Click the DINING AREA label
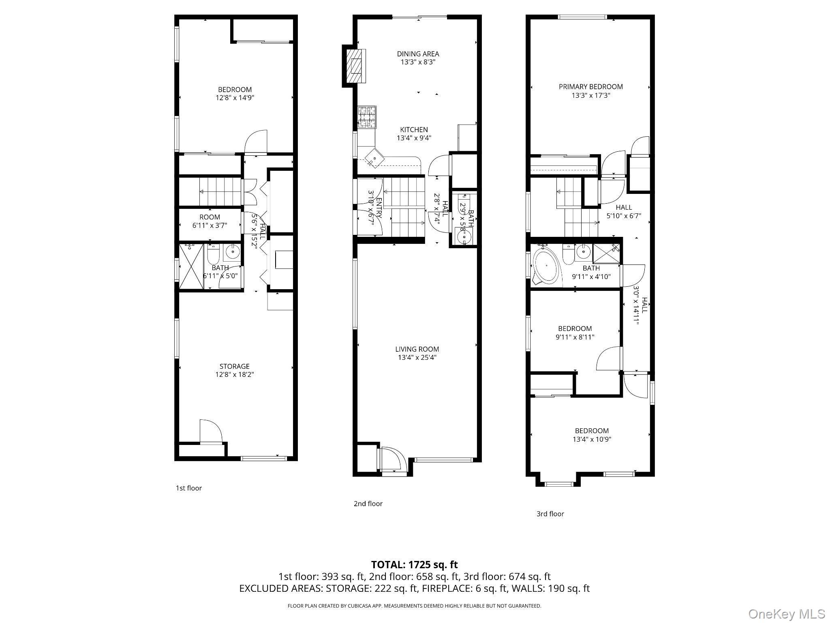(418, 54)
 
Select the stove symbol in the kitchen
(367, 117)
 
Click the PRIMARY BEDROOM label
(590, 87)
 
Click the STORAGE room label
(234, 366)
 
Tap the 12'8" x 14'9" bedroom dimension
(235, 98)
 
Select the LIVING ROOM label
(417, 349)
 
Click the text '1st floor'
(188, 488)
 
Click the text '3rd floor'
(550, 514)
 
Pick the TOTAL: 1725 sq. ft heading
(414, 565)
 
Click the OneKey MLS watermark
(787, 614)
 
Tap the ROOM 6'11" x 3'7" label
(210, 221)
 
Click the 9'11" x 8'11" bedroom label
(575, 333)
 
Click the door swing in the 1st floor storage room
(210, 432)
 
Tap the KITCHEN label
(414, 130)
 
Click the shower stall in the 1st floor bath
(191, 266)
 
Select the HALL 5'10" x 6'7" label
(623, 211)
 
